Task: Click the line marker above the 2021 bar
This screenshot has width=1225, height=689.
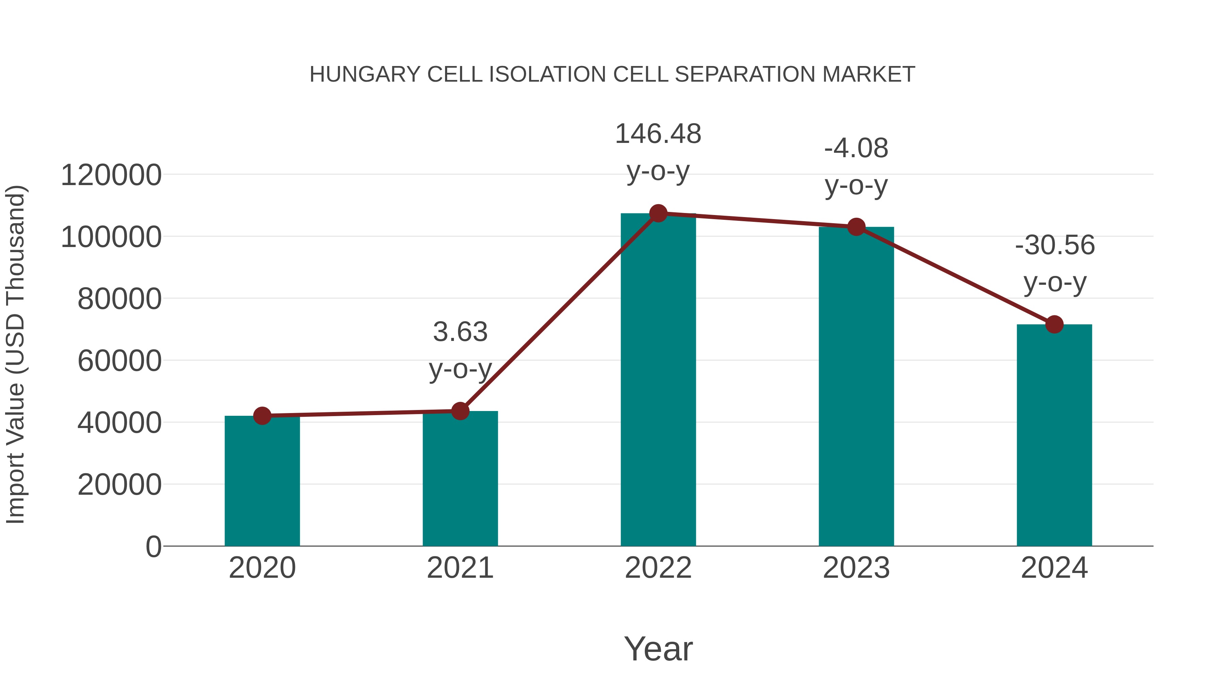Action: click(460, 411)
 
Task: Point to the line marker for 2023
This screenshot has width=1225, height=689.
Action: click(856, 227)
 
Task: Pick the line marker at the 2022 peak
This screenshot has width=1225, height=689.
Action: click(658, 213)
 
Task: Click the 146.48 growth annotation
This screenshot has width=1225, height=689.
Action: click(658, 134)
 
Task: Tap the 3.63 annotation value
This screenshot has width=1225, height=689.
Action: click(460, 332)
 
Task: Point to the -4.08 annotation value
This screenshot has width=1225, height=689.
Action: click(856, 148)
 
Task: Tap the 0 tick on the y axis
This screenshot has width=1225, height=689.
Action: click(153, 547)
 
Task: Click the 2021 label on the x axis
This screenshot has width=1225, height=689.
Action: click(460, 568)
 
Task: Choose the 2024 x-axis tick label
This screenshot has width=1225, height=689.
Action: click(1054, 568)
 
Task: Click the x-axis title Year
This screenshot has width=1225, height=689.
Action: click(658, 649)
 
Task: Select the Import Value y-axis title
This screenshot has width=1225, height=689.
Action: click(15, 354)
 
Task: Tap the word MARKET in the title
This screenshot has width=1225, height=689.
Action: click(868, 75)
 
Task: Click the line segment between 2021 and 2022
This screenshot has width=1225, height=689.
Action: click(559, 312)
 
